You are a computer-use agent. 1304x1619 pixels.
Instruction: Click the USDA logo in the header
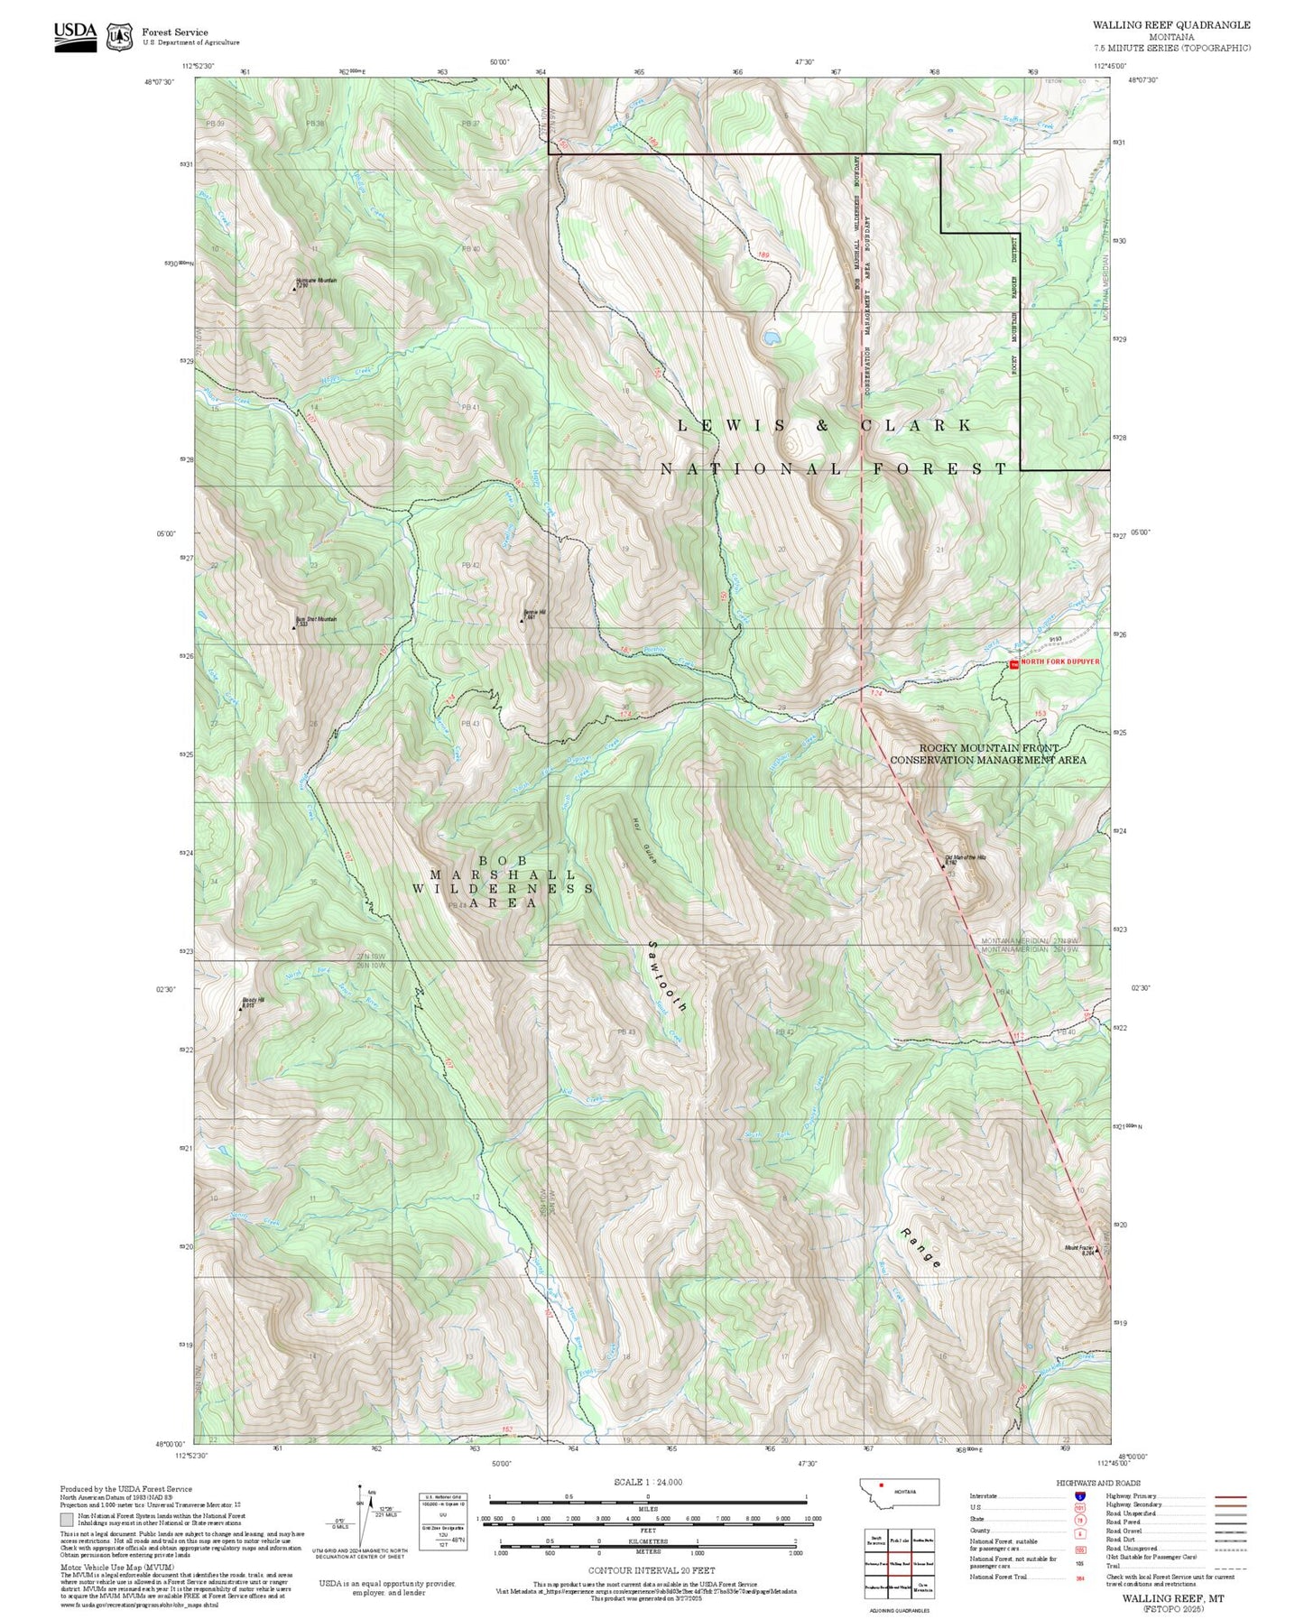75,35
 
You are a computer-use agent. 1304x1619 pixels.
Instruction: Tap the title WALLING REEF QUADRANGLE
1171,25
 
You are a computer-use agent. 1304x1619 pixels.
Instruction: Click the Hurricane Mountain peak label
316,282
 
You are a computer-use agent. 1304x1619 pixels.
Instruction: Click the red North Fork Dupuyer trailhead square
1013,664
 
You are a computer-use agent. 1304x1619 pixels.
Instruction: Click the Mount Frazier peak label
1079,1250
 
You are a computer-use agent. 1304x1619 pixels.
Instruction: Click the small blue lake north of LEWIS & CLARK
771,338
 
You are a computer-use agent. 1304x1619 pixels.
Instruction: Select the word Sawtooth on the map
668,976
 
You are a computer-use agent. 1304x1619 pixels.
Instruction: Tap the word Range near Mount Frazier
921,1248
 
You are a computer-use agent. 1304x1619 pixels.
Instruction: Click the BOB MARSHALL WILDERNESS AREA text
502,882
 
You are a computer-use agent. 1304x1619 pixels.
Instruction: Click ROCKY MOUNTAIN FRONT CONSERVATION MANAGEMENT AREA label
988,754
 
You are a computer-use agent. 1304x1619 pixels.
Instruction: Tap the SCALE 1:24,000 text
647,1482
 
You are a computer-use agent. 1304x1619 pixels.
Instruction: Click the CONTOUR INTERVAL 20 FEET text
651,1571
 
